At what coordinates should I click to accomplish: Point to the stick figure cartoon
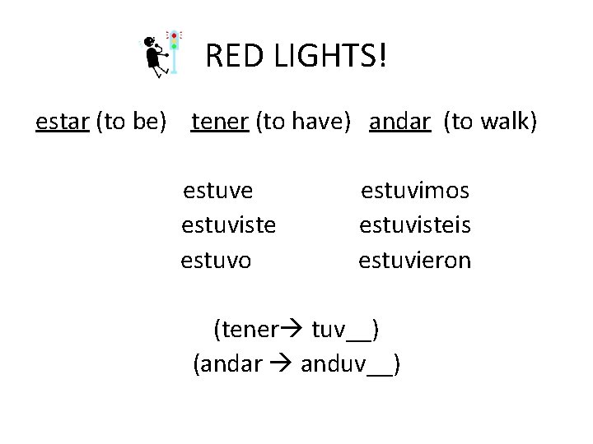[154, 56]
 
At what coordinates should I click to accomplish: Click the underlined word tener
[220, 122]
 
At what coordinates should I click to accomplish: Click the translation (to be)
[132, 122]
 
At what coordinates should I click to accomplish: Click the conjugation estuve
[218, 191]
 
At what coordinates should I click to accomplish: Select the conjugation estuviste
[228, 225]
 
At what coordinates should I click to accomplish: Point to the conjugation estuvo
[217, 261]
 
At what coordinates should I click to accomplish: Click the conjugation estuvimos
[415, 191]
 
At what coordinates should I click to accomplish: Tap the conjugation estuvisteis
[415, 225]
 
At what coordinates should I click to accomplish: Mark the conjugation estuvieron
[415, 261]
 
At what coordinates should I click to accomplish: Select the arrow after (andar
[282, 363]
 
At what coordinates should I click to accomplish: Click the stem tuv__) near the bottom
[344, 331]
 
